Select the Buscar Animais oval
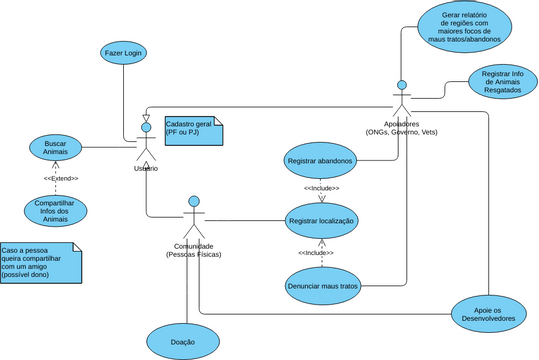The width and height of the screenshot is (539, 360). tap(56, 147)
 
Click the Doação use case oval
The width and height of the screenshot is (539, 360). tap(183, 341)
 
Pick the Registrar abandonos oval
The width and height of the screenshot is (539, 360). tap(320, 161)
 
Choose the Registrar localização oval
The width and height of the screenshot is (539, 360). tap(321, 220)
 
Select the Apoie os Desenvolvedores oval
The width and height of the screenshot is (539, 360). tap(487, 313)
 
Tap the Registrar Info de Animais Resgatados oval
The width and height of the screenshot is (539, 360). tap(504, 82)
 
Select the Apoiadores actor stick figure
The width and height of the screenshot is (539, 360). tap(401, 99)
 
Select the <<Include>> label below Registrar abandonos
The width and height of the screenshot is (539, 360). tap(321, 188)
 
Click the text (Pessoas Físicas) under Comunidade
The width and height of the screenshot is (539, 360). tap(194, 255)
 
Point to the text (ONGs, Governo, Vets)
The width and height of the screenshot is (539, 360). tap(401, 131)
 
